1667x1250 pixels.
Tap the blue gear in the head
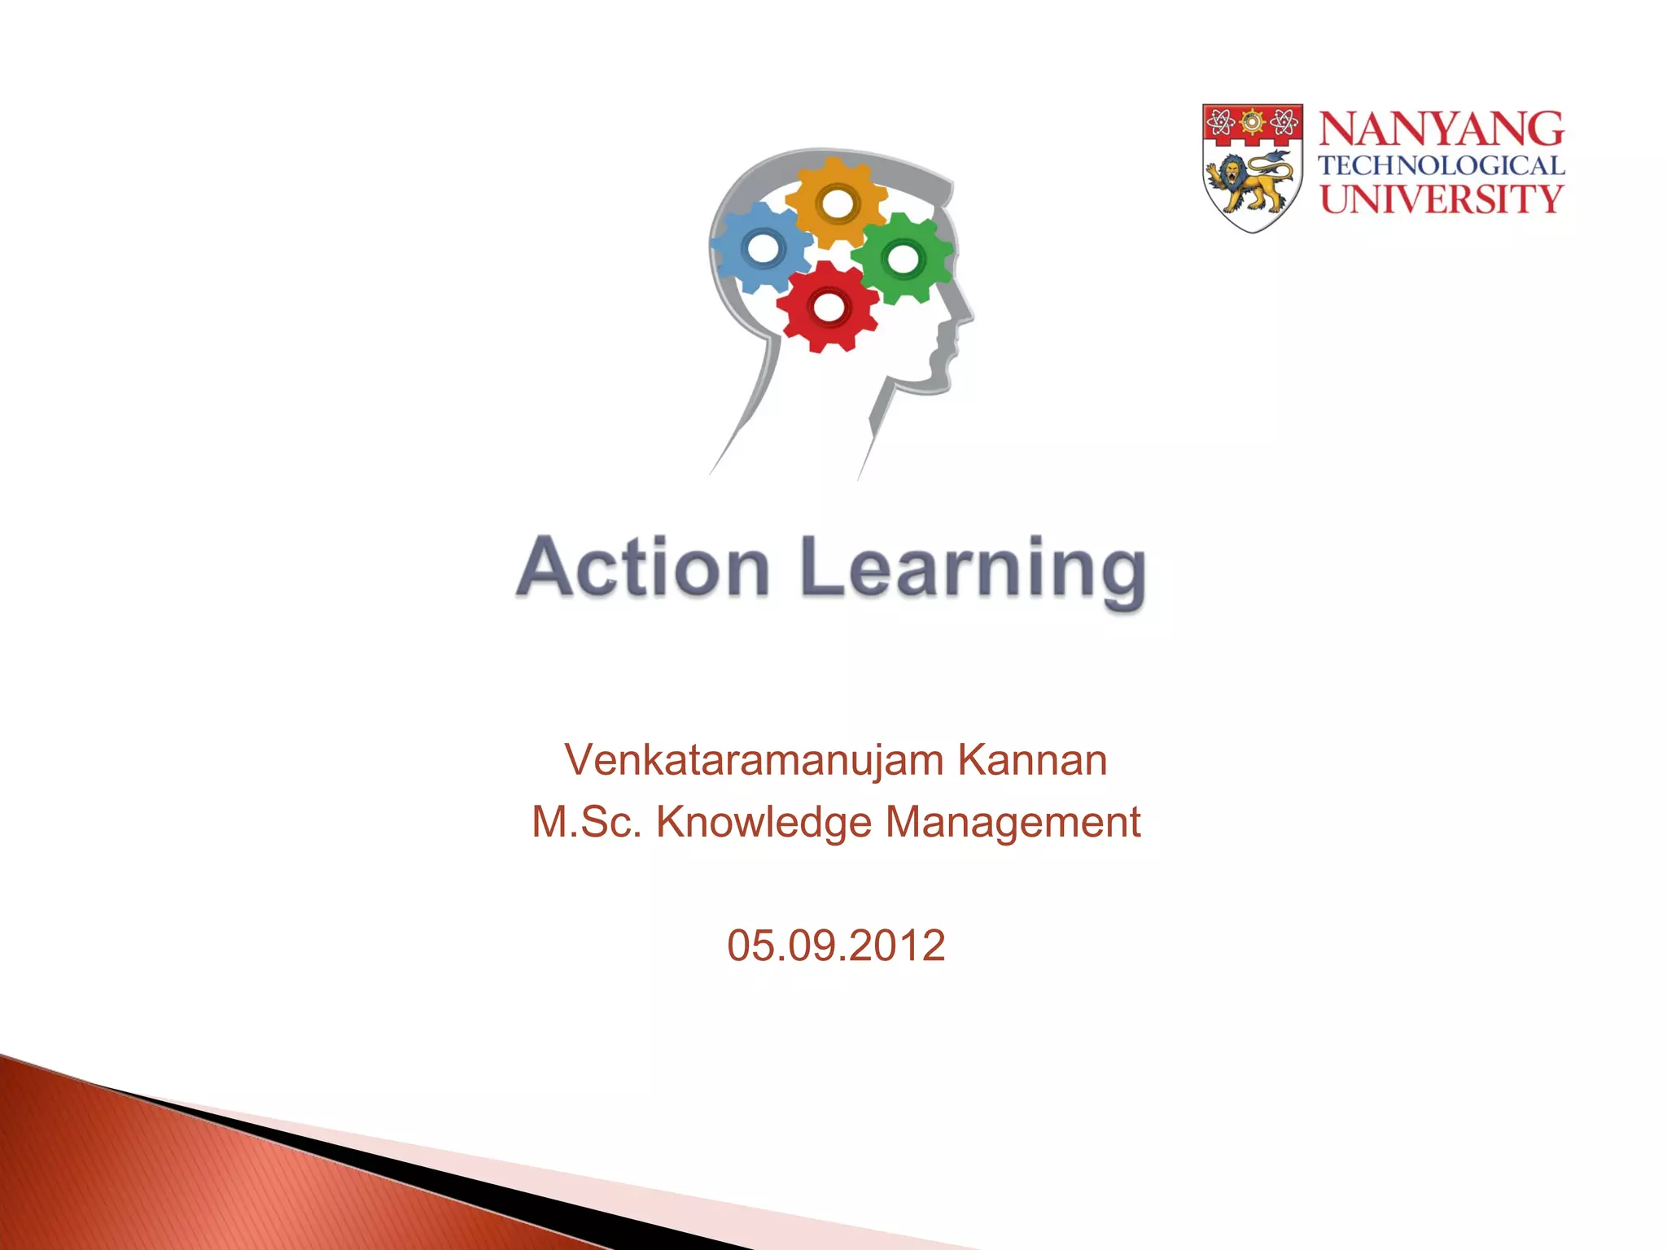[x=762, y=247]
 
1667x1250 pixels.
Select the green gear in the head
[x=902, y=259]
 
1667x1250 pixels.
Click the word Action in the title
[x=643, y=567]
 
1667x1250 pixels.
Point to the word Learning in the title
[x=974, y=570]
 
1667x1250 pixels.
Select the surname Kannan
[x=1032, y=760]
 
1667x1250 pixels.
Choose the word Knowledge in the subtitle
[x=764, y=822]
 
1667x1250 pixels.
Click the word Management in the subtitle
[x=1013, y=822]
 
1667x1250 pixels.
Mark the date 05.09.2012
[x=836, y=946]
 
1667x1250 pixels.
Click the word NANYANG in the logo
[x=1441, y=130]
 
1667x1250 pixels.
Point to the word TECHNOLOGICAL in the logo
[x=1441, y=166]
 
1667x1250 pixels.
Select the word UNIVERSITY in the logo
[x=1441, y=199]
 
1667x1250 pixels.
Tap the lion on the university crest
[x=1249, y=182]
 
